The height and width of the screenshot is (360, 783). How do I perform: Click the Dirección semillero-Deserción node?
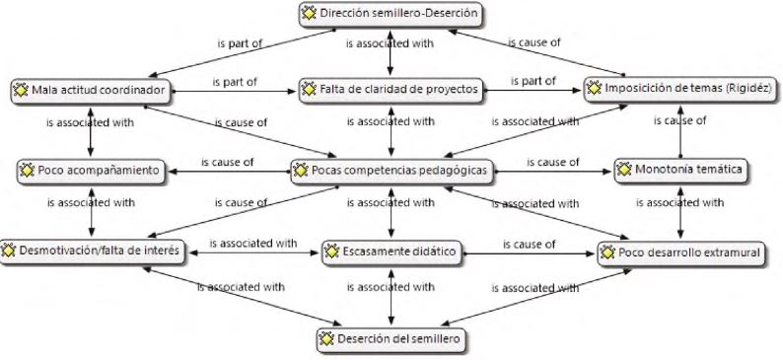(391, 14)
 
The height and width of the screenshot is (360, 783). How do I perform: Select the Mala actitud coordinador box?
(91, 90)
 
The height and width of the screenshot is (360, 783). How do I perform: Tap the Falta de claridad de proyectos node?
(391, 90)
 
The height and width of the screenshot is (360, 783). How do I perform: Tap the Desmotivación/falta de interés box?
(91, 252)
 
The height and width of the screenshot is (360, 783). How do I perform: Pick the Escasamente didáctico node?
(391, 252)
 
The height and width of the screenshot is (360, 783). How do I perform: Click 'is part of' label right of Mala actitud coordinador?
(235, 81)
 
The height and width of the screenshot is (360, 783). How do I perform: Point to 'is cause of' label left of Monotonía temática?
(551, 162)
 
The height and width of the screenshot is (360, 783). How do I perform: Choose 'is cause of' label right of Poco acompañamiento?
(227, 162)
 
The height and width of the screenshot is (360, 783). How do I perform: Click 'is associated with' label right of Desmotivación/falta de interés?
(252, 243)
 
